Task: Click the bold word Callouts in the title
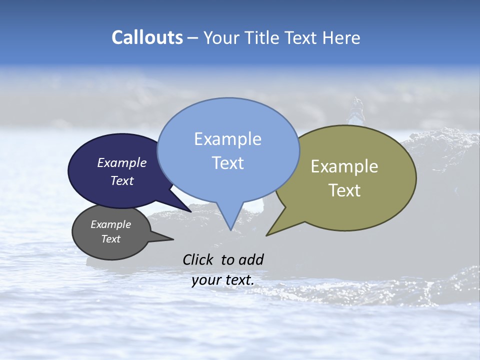(x=147, y=38)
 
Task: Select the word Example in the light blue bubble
(x=227, y=139)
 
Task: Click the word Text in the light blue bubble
(x=227, y=163)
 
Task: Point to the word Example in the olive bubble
(x=344, y=166)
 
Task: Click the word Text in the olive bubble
(x=344, y=190)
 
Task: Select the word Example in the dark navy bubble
(x=121, y=163)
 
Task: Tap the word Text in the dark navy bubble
(x=122, y=180)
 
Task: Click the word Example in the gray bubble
(x=110, y=225)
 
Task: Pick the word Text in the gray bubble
(x=111, y=239)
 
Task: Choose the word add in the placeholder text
(x=251, y=259)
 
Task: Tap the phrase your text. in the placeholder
(x=223, y=280)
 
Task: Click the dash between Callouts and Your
(x=193, y=38)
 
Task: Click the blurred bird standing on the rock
(x=356, y=111)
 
